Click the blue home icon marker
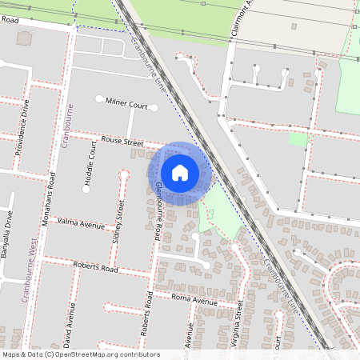[x=180, y=173]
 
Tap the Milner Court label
[x=127, y=105]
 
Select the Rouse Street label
[x=122, y=141]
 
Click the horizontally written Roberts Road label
[x=95, y=269]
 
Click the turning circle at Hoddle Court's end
[x=86, y=189]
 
